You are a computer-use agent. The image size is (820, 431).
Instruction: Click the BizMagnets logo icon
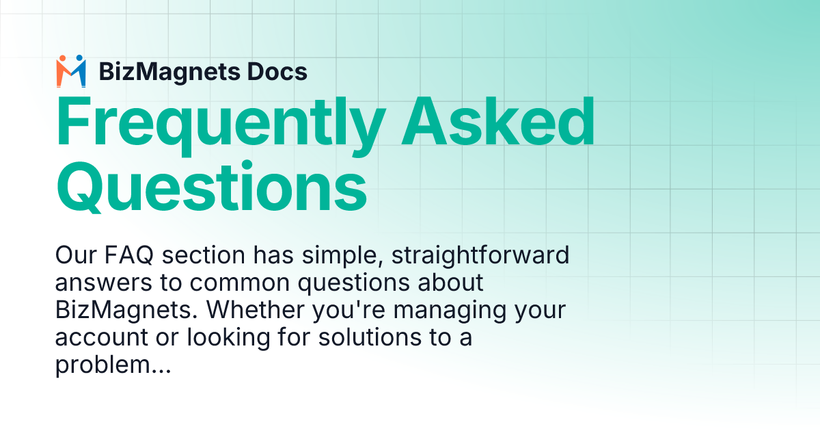click(71, 71)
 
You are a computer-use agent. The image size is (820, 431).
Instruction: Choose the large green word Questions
click(211, 185)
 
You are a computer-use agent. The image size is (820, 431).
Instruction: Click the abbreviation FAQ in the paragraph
click(122, 256)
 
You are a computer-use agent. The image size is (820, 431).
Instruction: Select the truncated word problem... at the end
click(112, 363)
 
